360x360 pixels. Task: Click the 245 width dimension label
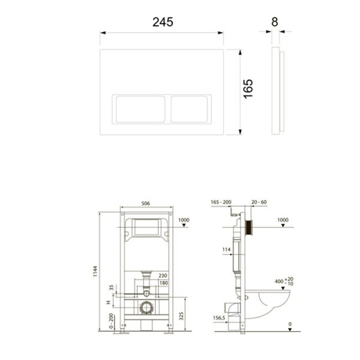163,22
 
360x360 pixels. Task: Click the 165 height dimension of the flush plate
248,89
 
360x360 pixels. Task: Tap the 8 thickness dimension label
275,22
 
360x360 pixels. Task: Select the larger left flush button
140,109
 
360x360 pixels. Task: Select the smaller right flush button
190,109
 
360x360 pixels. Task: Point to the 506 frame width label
146,203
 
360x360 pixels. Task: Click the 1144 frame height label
95,271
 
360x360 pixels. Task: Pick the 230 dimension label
163,275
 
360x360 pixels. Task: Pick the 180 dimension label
163,283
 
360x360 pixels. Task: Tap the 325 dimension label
181,316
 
